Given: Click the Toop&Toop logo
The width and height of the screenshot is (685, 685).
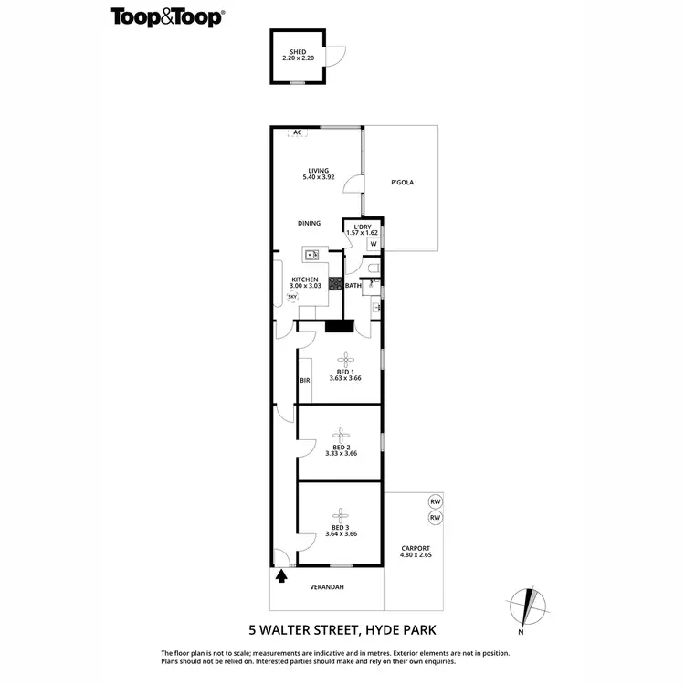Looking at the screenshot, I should [x=168, y=16].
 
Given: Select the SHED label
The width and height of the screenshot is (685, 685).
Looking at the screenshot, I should [x=297, y=52].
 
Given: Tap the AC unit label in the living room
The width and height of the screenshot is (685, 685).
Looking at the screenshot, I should [x=297, y=132].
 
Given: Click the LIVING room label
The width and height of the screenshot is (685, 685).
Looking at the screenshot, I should [x=318, y=171].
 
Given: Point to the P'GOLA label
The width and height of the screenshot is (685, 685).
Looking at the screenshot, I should [x=402, y=183].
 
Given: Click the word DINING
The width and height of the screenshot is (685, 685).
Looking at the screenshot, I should [x=309, y=223].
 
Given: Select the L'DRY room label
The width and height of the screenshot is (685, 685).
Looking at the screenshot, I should [x=362, y=227].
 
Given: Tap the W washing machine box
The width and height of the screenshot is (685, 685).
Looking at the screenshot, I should [x=373, y=244].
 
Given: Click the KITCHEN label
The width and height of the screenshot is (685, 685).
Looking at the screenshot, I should [x=304, y=279].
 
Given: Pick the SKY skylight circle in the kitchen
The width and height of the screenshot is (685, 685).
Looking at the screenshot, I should [x=292, y=297].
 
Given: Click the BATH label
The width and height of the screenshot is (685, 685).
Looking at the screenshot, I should [x=353, y=286].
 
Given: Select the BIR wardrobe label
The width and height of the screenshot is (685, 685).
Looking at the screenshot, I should [x=305, y=381].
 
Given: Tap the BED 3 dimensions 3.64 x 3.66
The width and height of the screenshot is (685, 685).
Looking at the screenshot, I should [x=340, y=534].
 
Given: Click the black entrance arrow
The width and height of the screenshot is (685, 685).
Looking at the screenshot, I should [x=281, y=575].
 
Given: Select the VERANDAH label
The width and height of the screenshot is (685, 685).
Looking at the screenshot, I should [x=326, y=587].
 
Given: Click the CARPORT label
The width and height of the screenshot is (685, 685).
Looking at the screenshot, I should [x=415, y=548].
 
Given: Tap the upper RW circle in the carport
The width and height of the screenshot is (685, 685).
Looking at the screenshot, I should [x=435, y=501].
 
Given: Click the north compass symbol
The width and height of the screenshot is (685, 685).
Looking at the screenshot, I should [x=528, y=606].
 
